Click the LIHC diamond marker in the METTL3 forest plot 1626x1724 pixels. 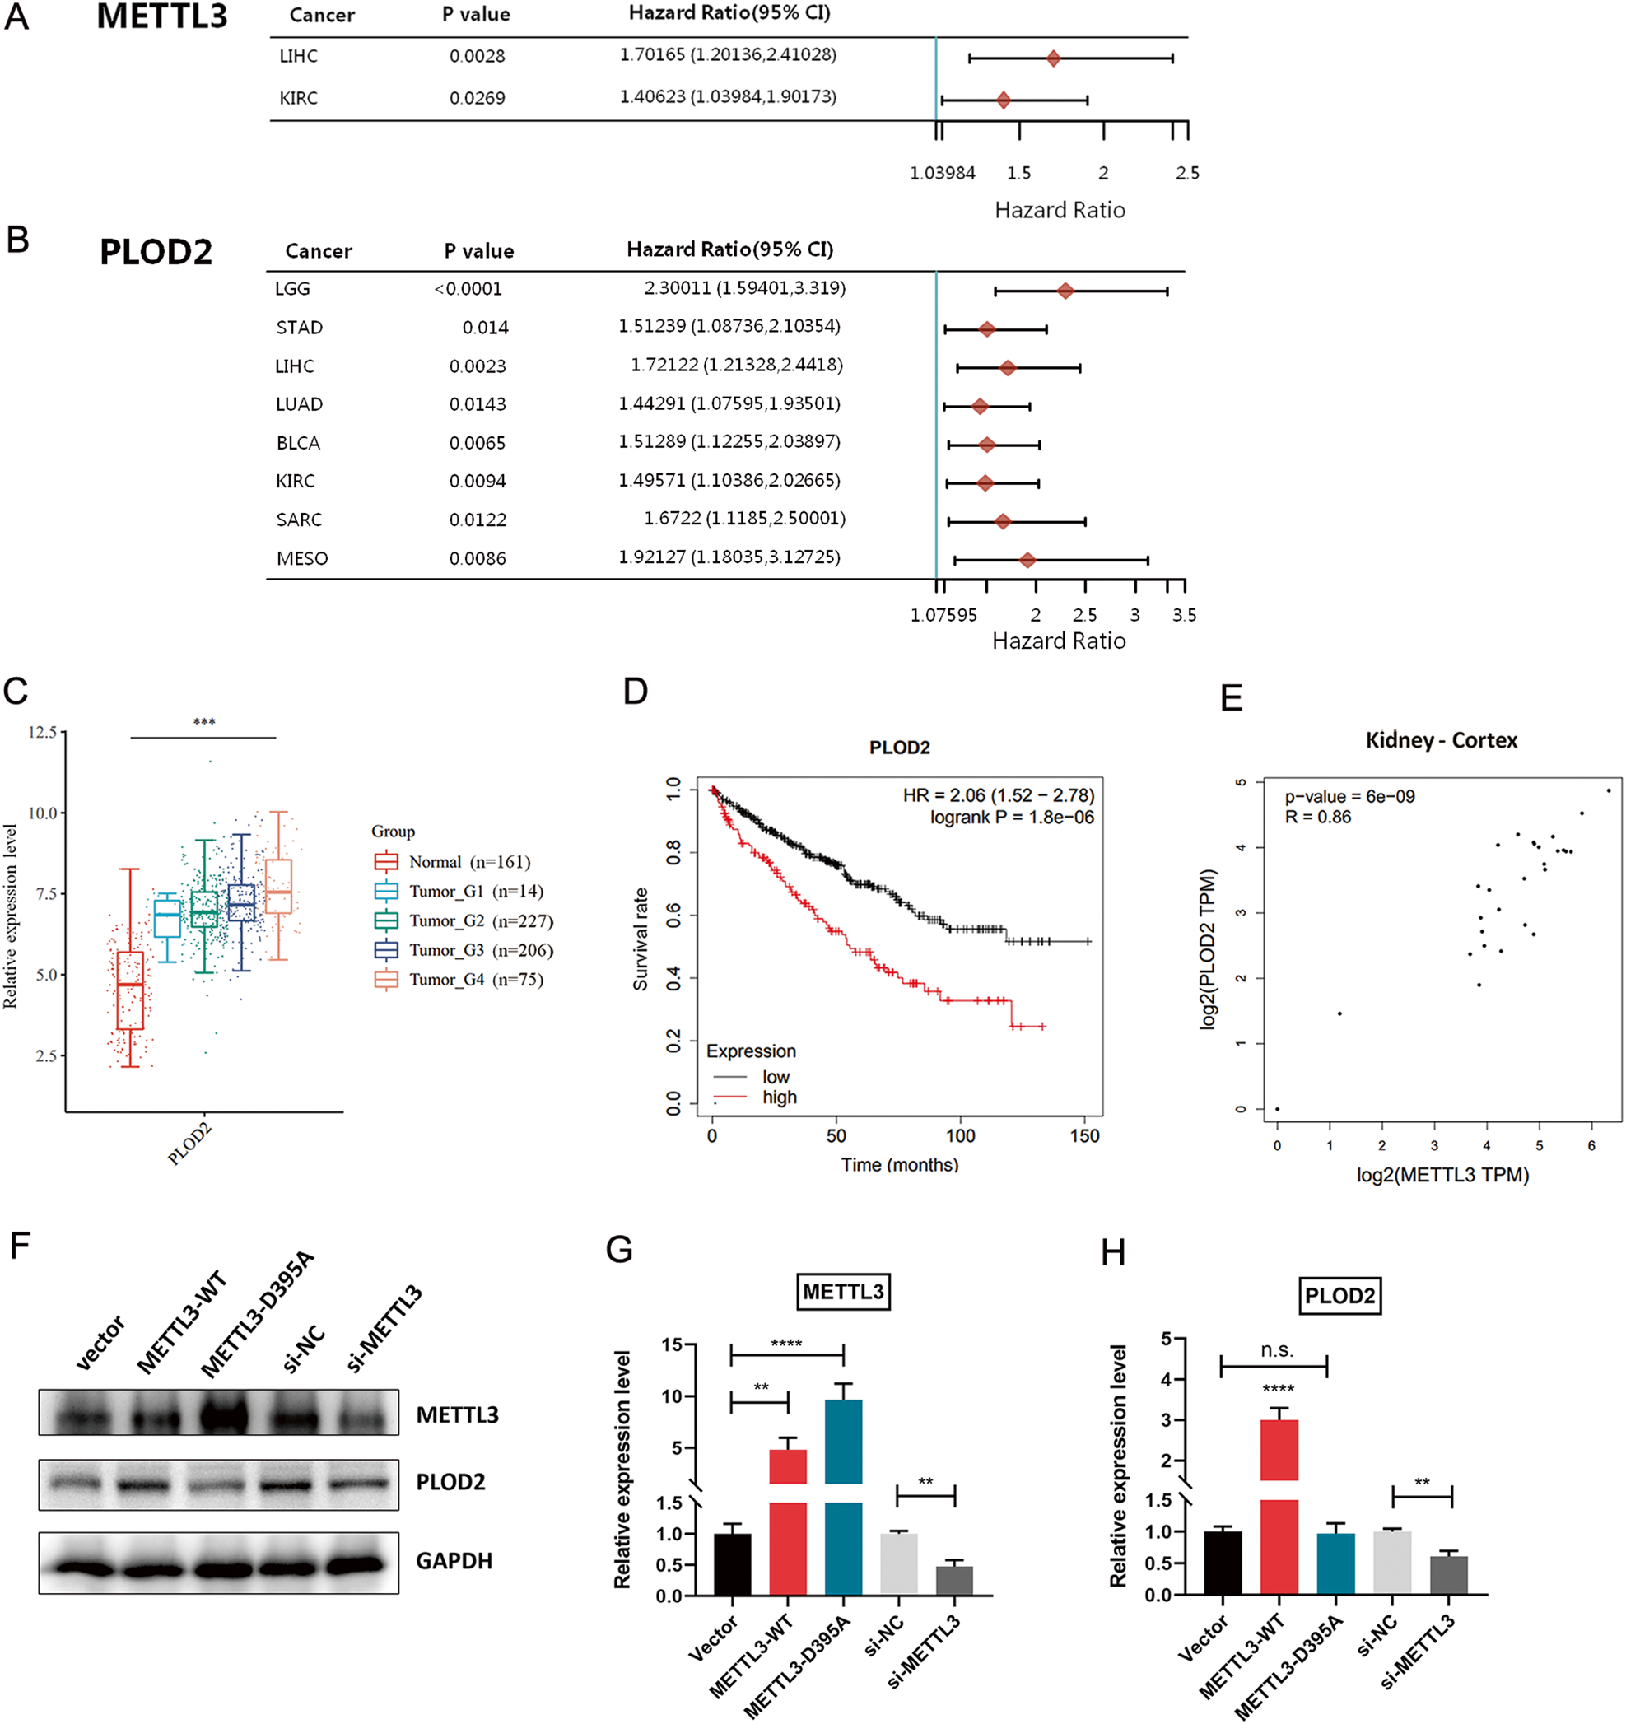(x=1053, y=58)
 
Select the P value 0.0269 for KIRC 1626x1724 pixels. (x=477, y=98)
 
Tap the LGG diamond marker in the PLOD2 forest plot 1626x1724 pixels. (x=1065, y=291)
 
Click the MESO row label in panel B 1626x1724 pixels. (x=302, y=558)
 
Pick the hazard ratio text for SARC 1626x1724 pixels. (x=744, y=519)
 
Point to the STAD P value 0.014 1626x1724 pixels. (x=485, y=328)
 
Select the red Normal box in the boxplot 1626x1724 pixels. (x=130, y=990)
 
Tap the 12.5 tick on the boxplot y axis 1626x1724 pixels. (x=42, y=733)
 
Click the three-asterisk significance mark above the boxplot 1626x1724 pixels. (x=204, y=722)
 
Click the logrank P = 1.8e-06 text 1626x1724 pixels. (x=1011, y=817)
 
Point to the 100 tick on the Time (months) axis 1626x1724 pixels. (x=960, y=1136)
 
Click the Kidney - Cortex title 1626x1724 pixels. (x=1441, y=741)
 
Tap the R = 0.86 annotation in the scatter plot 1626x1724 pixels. (x=1317, y=817)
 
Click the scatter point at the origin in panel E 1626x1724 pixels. (x=1278, y=1108)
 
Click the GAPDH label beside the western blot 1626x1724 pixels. (x=454, y=1561)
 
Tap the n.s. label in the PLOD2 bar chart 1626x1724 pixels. (x=1277, y=1350)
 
